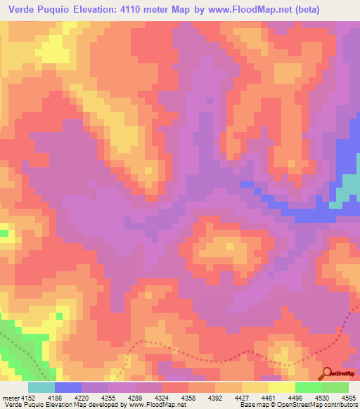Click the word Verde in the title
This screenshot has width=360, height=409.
(x=23, y=10)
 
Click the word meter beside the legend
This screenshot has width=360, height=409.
(x=10, y=397)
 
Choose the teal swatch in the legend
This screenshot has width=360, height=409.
(x=41, y=387)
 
